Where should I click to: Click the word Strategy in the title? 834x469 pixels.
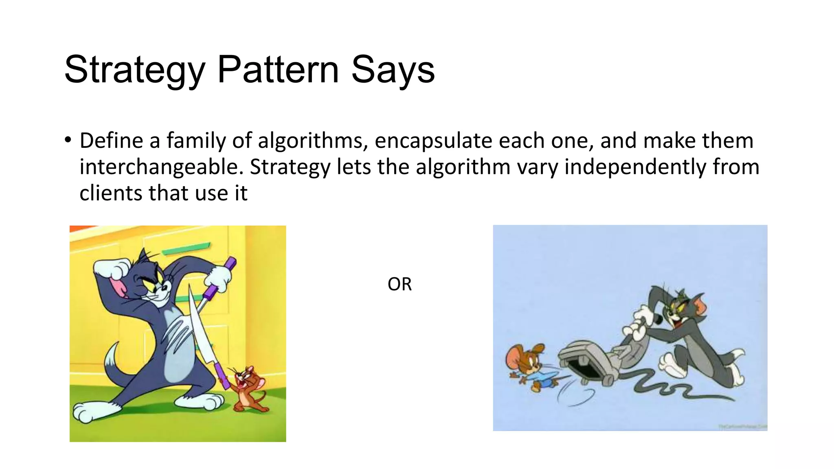tap(134, 70)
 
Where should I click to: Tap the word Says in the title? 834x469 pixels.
tap(393, 70)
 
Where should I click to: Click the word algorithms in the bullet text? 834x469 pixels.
tap(310, 141)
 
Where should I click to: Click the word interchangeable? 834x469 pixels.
tap(161, 167)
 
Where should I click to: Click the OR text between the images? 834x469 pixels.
tap(399, 284)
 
